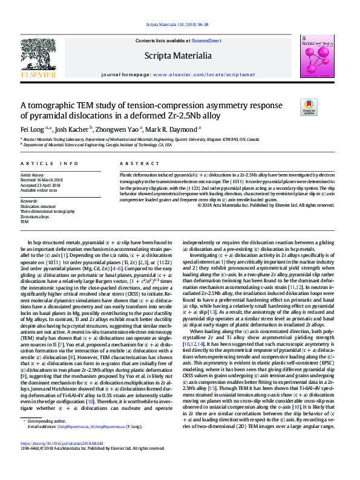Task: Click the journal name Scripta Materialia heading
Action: point(178,56)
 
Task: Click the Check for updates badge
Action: point(309,107)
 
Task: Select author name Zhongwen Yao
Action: point(118,129)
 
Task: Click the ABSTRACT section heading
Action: point(131,164)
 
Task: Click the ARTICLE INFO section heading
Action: point(50,164)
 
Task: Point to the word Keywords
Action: point(29,201)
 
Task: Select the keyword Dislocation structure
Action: point(37,206)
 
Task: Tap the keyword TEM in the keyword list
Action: point(24,222)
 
